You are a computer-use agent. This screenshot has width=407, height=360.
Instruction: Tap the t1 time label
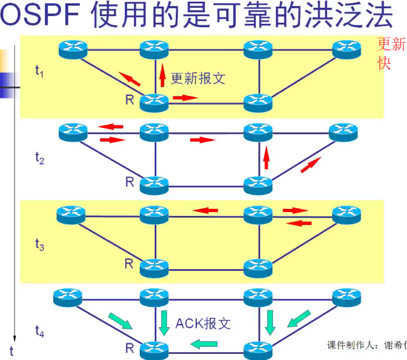[x=39, y=72]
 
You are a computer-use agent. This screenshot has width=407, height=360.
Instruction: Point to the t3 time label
[x=39, y=244]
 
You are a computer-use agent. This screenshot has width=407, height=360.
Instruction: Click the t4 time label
[x=39, y=332]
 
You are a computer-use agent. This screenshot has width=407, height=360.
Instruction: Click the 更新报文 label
[x=198, y=78]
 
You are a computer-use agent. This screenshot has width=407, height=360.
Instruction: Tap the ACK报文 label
[x=203, y=323]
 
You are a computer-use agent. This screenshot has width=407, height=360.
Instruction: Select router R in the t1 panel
[x=154, y=101]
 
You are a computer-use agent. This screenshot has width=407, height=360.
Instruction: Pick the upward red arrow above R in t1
[x=162, y=75]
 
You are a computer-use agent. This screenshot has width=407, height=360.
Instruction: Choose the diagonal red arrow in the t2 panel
[x=311, y=164]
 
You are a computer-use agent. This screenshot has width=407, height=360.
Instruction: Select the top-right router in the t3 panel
[x=346, y=214]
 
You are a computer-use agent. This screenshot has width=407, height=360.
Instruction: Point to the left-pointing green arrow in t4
[x=203, y=344]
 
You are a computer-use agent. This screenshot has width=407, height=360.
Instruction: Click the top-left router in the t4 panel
[x=68, y=297]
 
